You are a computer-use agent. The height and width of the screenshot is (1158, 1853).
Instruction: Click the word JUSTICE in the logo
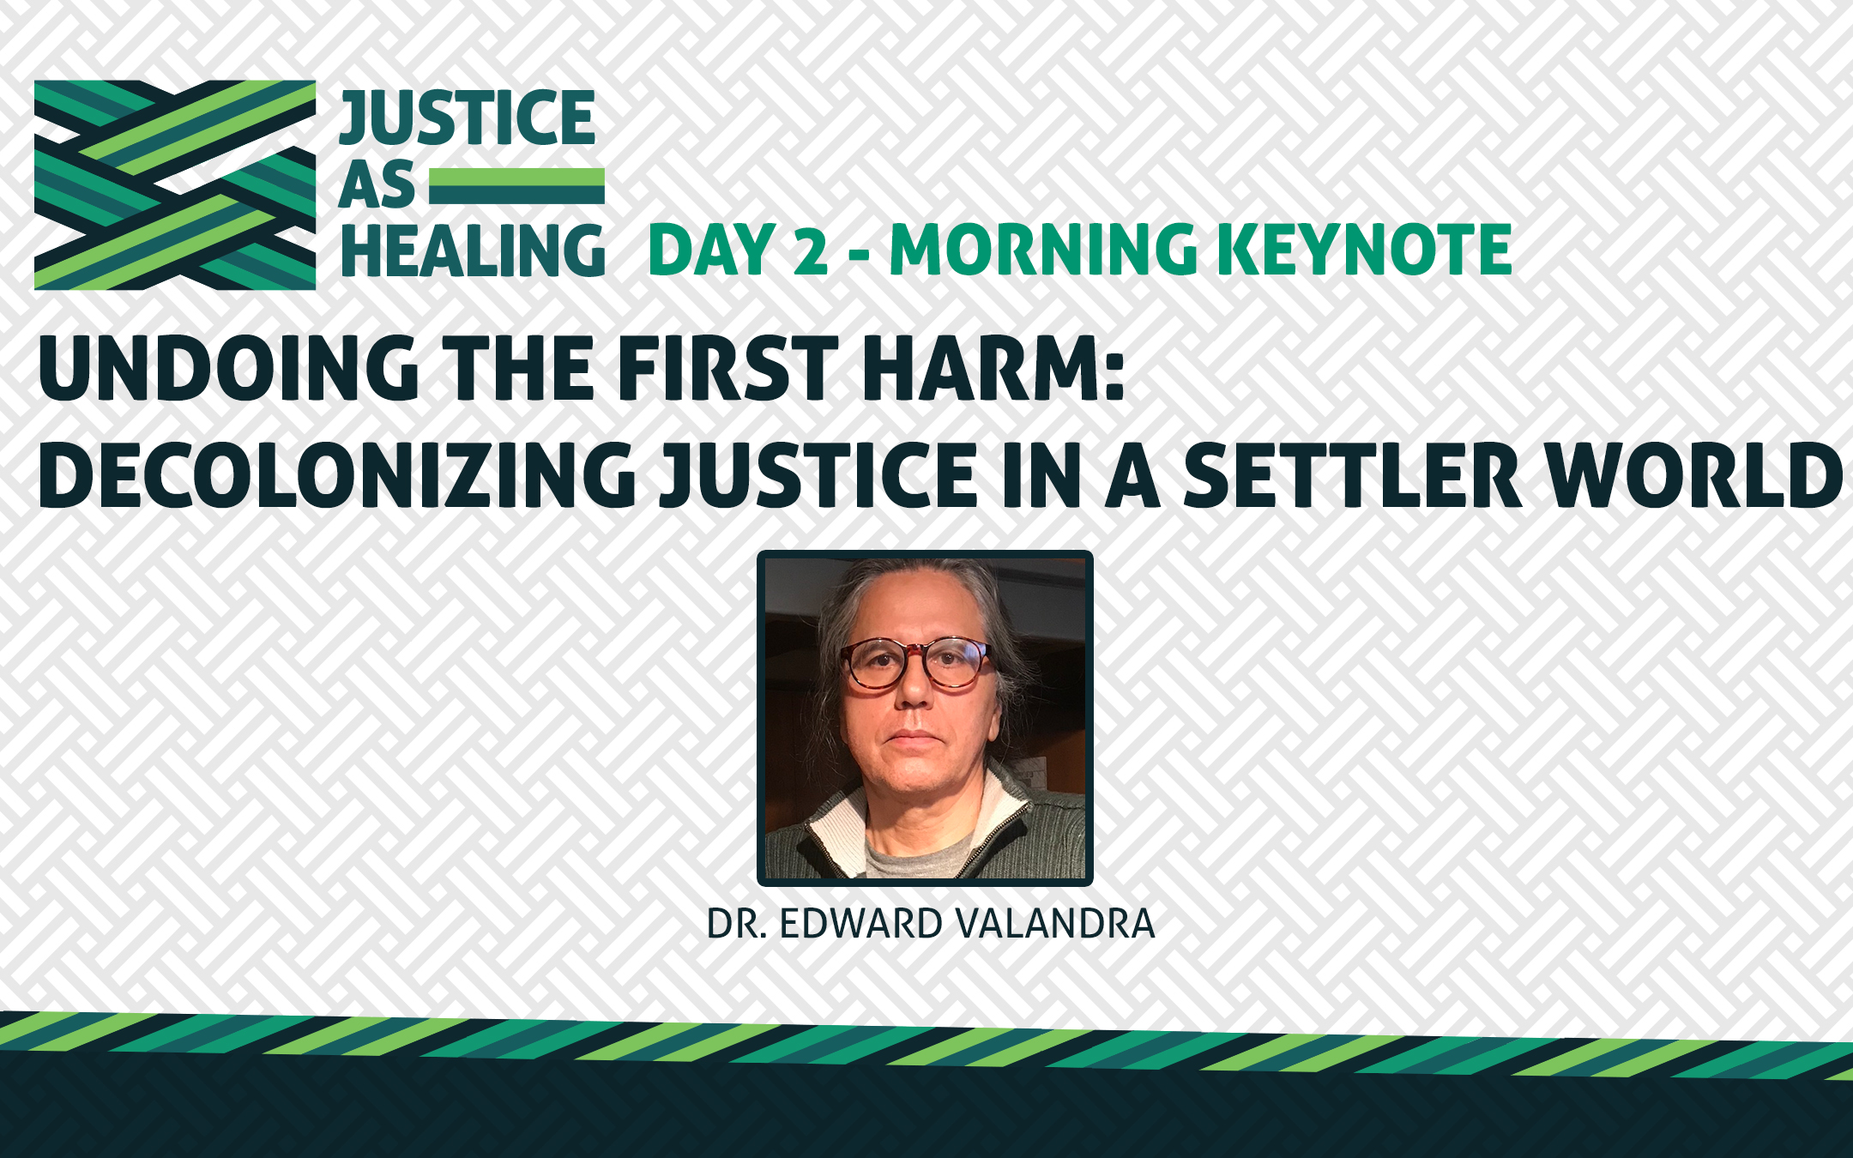pyautogui.click(x=468, y=118)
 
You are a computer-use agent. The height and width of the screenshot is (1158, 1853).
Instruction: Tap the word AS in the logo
pyautogui.click(x=377, y=184)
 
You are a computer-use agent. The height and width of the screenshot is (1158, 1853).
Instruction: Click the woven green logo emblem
pyautogui.click(x=175, y=185)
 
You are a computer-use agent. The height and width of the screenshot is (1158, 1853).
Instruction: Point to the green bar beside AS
pyautogui.click(x=516, y=186)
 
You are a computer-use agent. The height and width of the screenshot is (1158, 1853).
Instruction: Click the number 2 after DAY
pyautogui.click(x=811, y=250)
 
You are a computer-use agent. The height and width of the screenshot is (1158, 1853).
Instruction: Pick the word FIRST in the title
pyautogui.click(x=728, y=368)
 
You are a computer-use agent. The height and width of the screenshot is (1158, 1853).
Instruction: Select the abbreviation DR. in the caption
pyautogui.click(x=737, y=924)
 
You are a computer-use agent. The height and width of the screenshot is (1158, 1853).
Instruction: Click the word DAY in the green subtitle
pyautogui.click(x=712, y=250)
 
